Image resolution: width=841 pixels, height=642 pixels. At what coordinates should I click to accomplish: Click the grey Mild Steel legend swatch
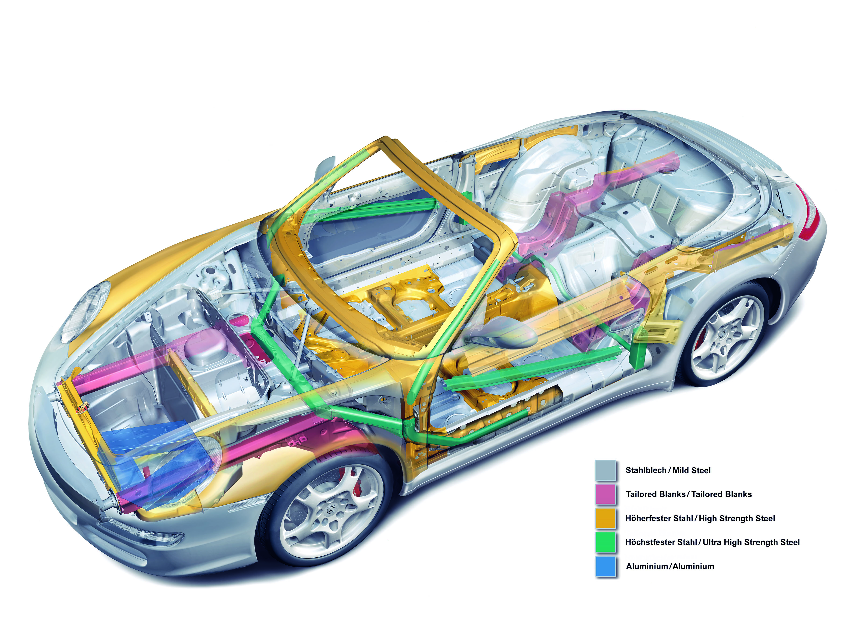(x=606, y=470)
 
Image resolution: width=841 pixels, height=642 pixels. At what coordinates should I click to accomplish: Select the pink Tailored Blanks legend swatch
(x=606, y=494)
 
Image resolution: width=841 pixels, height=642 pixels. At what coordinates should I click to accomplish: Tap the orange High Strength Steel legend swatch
(x=606, y=518)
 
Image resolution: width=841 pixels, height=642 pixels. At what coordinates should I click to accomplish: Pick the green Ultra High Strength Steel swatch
(x=606, y=542)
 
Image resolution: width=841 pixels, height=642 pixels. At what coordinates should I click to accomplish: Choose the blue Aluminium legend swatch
(x=606, y=566)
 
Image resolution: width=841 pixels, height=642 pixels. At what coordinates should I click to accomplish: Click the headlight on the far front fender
(x=86, y=311)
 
